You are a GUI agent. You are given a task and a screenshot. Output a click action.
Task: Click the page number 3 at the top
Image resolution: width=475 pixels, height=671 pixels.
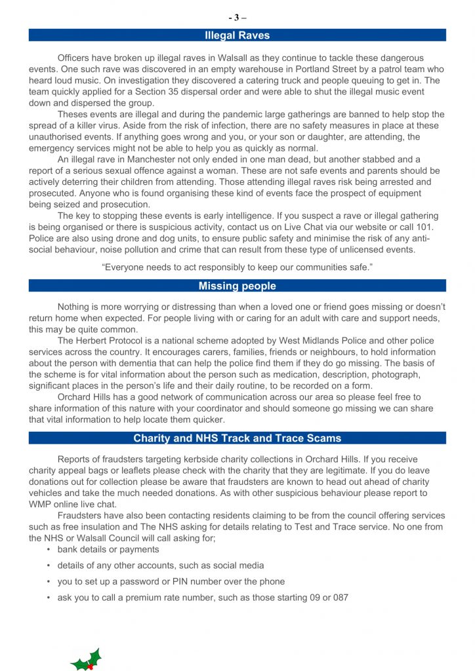point(237,18)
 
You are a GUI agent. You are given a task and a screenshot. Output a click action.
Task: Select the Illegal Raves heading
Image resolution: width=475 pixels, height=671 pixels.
point(237,35)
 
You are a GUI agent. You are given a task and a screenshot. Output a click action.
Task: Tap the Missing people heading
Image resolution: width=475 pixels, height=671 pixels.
point(237,286)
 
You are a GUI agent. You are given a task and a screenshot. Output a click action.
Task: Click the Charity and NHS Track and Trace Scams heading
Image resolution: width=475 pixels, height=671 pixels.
point(237,438)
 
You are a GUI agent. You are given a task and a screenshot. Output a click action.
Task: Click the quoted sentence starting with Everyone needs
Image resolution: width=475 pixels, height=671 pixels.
point(237,267)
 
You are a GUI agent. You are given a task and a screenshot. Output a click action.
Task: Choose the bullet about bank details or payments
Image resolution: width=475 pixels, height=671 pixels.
point(108,549)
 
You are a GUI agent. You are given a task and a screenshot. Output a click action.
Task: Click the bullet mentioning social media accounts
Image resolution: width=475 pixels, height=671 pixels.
point(161,565)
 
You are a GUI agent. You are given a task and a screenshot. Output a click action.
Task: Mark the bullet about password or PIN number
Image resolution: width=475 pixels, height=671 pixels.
point(171,581)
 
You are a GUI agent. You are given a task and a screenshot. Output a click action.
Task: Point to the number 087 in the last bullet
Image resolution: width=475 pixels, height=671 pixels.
point(339,597)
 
